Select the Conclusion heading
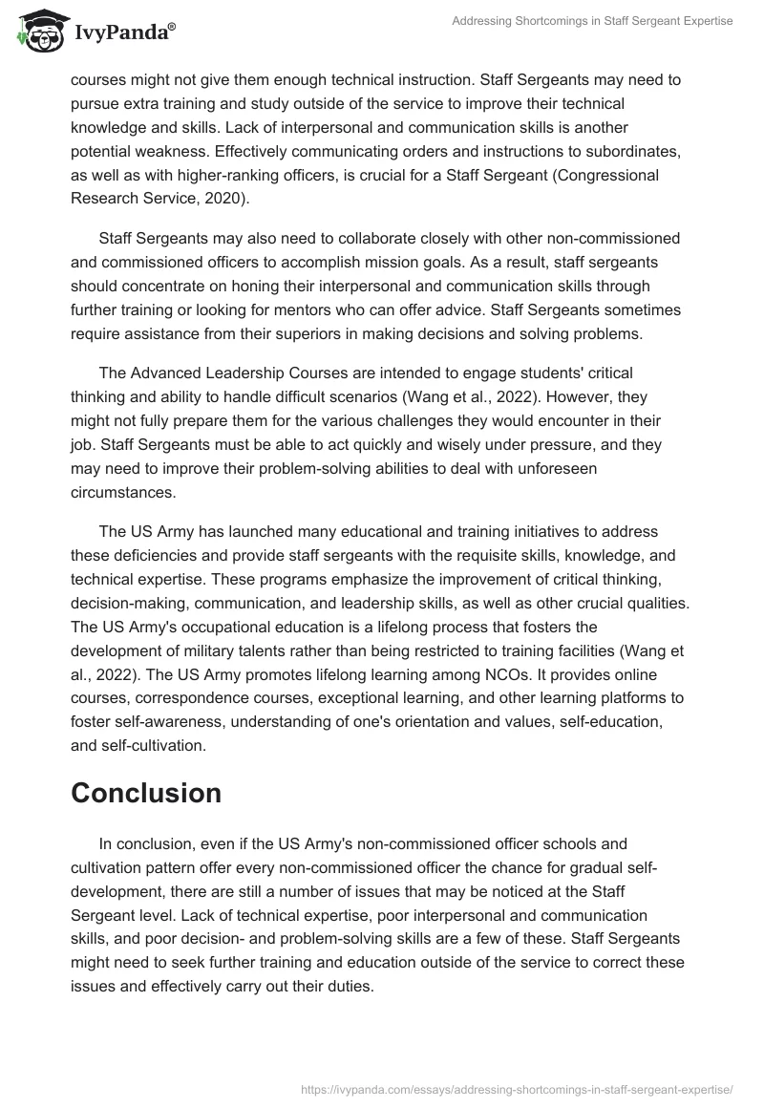146,792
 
